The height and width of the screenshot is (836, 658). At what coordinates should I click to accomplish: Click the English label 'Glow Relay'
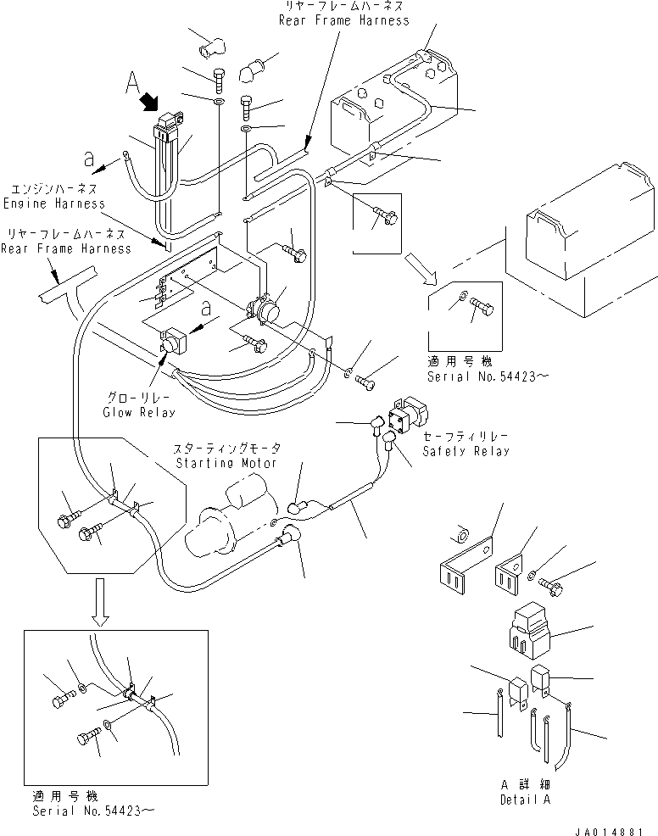(139, 412)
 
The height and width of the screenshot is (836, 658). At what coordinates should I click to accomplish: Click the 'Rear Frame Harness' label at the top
(343, 20)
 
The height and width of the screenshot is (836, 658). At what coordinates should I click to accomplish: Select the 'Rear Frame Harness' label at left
(65, 248)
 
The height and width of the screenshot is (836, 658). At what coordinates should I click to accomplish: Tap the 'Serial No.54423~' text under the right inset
(483, 376)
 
